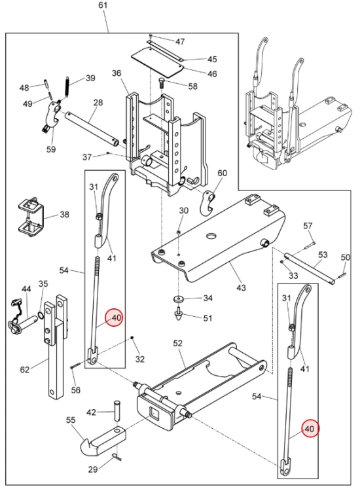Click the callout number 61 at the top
[x=103, y=5]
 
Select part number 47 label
[x=180, y=42]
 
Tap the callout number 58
[x=193, y=86]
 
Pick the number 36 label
[x=117, y=73]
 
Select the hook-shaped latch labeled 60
[x=207, y=204]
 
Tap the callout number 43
[x=241, y=287]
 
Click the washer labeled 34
[x=179, y=299]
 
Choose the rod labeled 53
[x=310, y=269]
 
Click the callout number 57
[x=308, y=226]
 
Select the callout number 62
[x=25, y=369]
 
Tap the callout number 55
[x=71, y=420]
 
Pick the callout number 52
[x=178, y=343]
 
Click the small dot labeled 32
[x=132, y=337]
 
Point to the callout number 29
[x=93, y=469]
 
